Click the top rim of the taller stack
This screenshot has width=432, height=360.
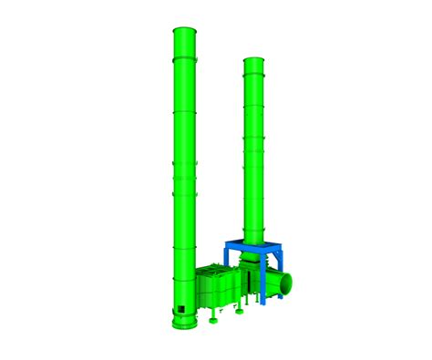185,31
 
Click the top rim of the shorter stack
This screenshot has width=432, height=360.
253,61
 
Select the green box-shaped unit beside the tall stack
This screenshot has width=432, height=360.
219,290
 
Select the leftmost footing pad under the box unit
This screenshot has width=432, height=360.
211,320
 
